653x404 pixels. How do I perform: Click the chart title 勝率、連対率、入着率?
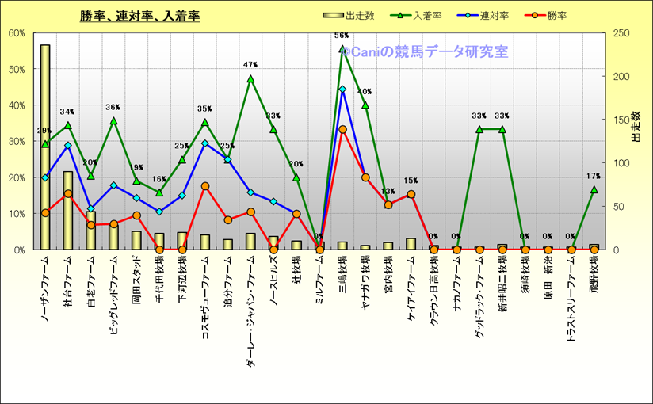[139, 16]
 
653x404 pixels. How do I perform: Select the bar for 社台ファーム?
[68, 210]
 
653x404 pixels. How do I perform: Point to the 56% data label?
[342, 36]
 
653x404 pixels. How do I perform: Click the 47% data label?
[250, 65]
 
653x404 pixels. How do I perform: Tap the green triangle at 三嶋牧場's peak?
[342, 49]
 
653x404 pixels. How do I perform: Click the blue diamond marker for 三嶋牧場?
[342, 89]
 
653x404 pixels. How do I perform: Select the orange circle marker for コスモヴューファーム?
[205, 186]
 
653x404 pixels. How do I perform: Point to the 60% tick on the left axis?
[17, 33]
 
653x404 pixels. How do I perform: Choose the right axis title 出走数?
[636, 127]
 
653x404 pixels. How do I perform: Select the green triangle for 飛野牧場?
[594, 189]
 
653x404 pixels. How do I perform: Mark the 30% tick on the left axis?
[17, 141]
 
